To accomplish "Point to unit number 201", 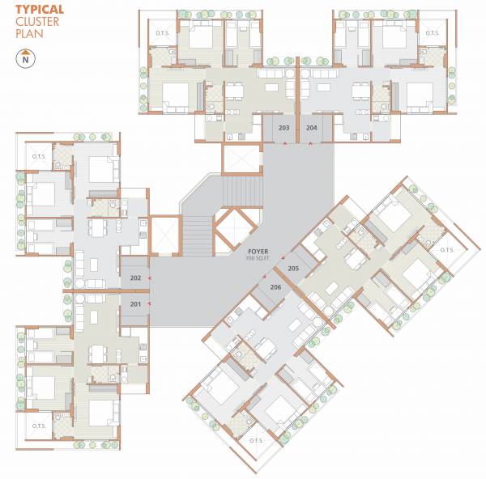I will (134, 303).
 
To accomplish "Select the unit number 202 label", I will (134, 278).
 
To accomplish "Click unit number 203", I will (283, 128).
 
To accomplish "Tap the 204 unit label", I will (312, 128).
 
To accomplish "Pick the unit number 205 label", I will (293, 268).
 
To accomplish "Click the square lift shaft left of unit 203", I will (242, 159).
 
